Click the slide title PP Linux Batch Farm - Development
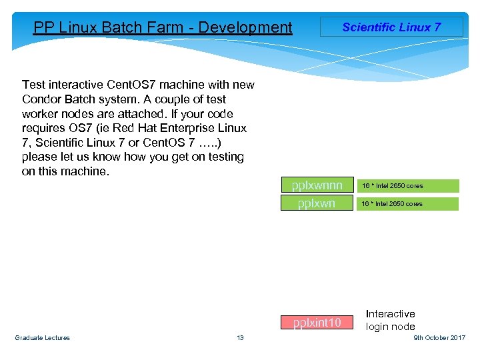tap(163, 27)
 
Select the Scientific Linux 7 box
tap(391, 27)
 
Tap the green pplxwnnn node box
tap(317, 185)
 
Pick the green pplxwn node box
tap(317, 203)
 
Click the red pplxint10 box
tap(317, 323)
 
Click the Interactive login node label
tap(391, 320)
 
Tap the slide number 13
tap(240, 338)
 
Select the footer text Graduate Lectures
tap(42, 338)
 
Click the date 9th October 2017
tap(439, 338)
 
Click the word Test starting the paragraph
tap(33, 85)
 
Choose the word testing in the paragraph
tap(225, 157)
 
